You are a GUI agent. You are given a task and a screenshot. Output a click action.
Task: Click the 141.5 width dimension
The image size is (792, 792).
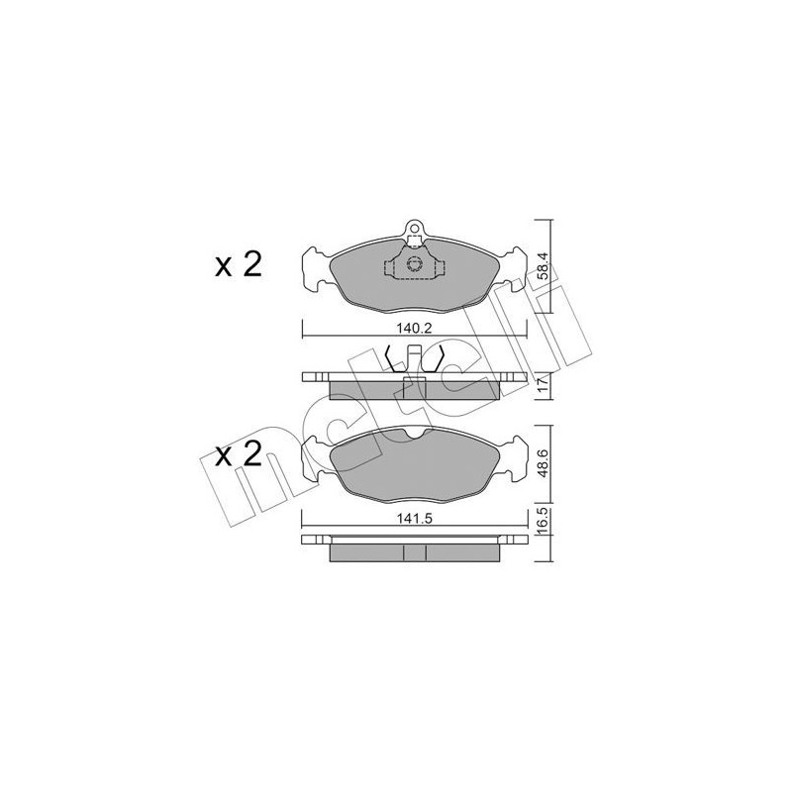(414, 515)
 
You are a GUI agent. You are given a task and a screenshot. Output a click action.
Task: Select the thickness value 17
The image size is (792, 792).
(542, 384)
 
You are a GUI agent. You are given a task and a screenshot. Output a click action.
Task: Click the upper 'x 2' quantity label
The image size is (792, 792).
(238, 265)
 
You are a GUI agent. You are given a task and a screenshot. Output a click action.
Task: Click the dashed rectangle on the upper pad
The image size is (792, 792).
(414, 265)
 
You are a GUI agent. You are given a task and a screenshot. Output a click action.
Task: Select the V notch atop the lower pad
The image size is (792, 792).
(415, 431)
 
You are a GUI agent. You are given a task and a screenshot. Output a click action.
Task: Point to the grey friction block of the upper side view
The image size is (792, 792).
(376, 389)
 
